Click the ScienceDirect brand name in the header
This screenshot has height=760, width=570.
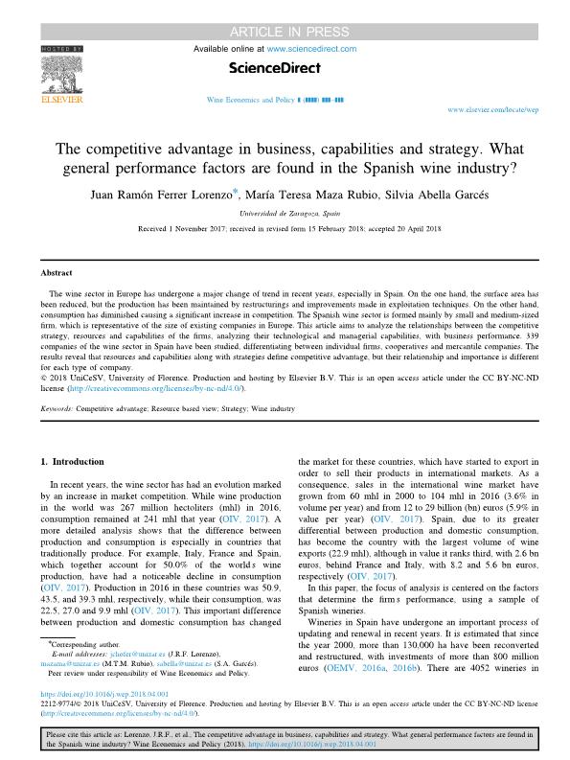click(x=275, y=68)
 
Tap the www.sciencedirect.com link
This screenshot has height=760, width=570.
click(x=311, y=47)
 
